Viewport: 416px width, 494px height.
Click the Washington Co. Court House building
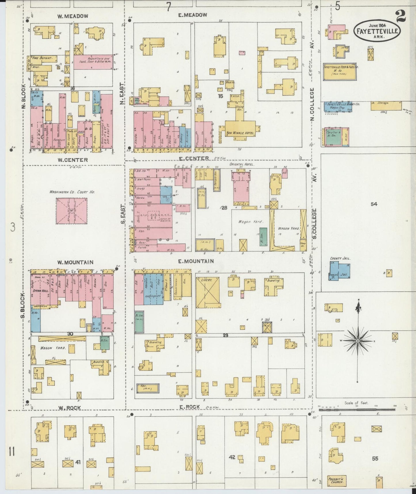coord(71,211)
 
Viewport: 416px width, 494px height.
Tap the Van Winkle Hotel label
coord(240,133)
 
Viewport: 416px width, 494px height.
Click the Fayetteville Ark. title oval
coord(377,31)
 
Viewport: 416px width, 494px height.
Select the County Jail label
coord(340,259)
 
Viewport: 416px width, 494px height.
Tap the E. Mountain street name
coord(196,261)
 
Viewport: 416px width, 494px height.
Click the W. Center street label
coord(72,160)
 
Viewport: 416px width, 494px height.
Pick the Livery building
coord(207,292)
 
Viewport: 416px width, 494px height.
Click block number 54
coord(374,204)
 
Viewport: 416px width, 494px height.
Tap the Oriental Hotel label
coord(238,165)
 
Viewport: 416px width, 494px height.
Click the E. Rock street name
coord(189,407)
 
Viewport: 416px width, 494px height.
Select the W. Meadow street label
coord(72,16)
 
